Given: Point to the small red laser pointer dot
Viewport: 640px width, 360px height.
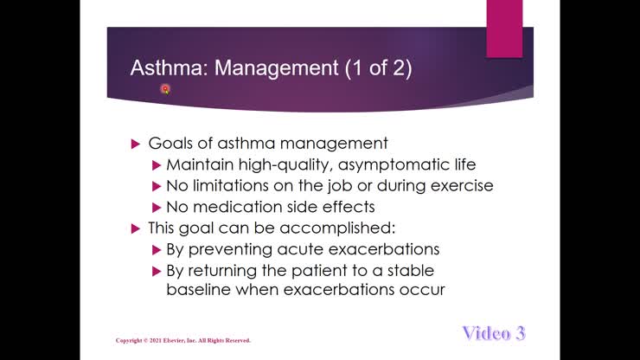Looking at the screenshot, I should click(x=165, y=88).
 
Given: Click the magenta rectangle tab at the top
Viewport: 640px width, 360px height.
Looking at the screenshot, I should click(x=504, y=29).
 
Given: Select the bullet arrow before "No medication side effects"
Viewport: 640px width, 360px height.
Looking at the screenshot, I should click(x=157, y=207).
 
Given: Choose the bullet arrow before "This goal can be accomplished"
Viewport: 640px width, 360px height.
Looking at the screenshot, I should click(x=134, y=228).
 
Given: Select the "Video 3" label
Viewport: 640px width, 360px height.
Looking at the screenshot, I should click(x=493, y=333).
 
